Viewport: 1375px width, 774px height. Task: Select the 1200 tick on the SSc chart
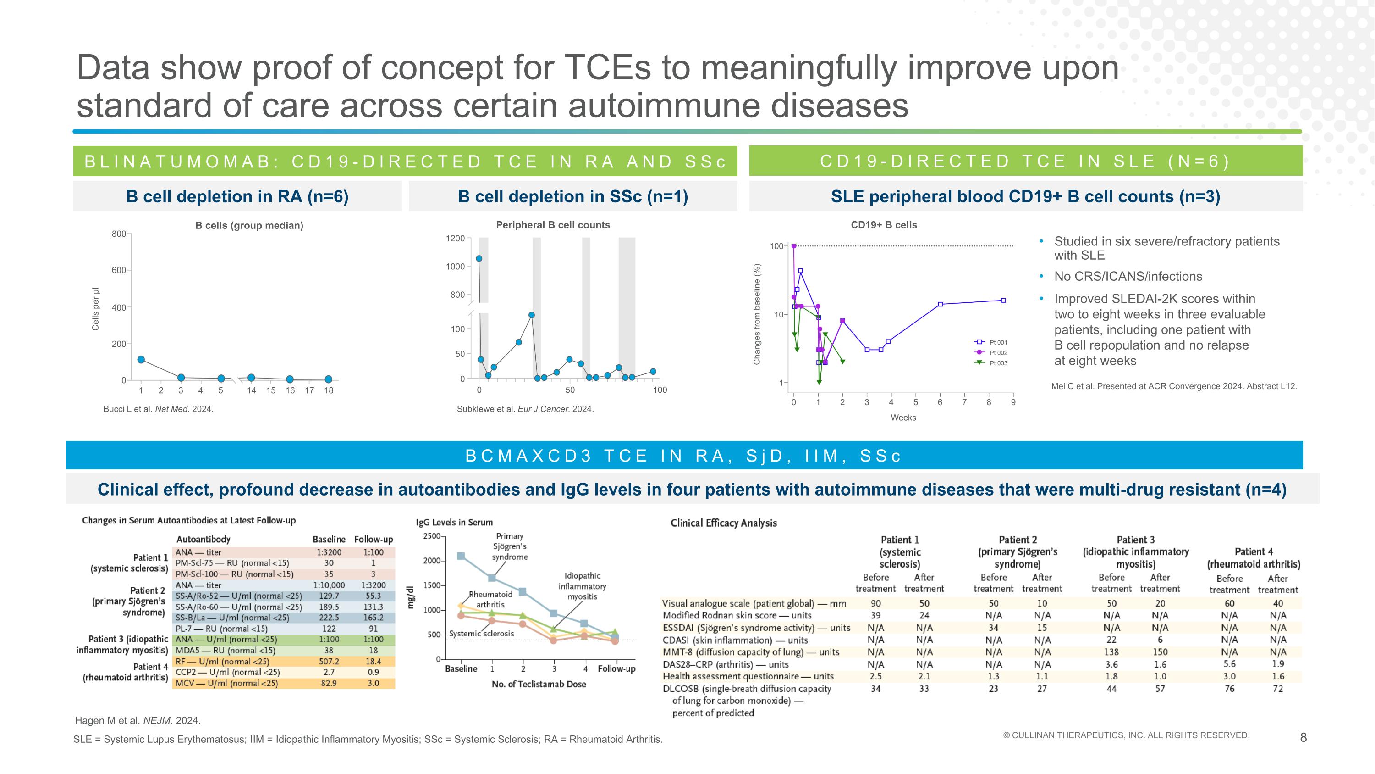coord(455,238)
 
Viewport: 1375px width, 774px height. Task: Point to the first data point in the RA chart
coord(141,360)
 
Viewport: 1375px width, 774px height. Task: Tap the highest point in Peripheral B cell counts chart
coord(479,258)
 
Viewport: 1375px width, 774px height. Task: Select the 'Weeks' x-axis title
coord(902,418)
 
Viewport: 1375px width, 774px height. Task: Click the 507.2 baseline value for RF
coord(329,661)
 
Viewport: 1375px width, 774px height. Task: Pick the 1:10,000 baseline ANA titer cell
coord(329,585)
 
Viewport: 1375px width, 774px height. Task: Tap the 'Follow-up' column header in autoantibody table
coord(373,540)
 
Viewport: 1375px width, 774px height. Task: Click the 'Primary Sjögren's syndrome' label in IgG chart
coord(510,546)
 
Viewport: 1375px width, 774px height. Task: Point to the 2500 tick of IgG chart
coord(431,536)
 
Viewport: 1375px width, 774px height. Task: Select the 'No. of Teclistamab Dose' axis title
coord(539,684)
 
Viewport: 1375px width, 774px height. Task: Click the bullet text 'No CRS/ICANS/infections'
coord(1128,276)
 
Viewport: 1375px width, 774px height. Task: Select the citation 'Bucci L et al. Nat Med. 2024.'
coord(158,409)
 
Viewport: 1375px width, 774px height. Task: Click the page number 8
coord(1303,738)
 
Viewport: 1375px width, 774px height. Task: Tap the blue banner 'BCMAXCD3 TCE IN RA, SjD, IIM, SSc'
coord(683,456)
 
